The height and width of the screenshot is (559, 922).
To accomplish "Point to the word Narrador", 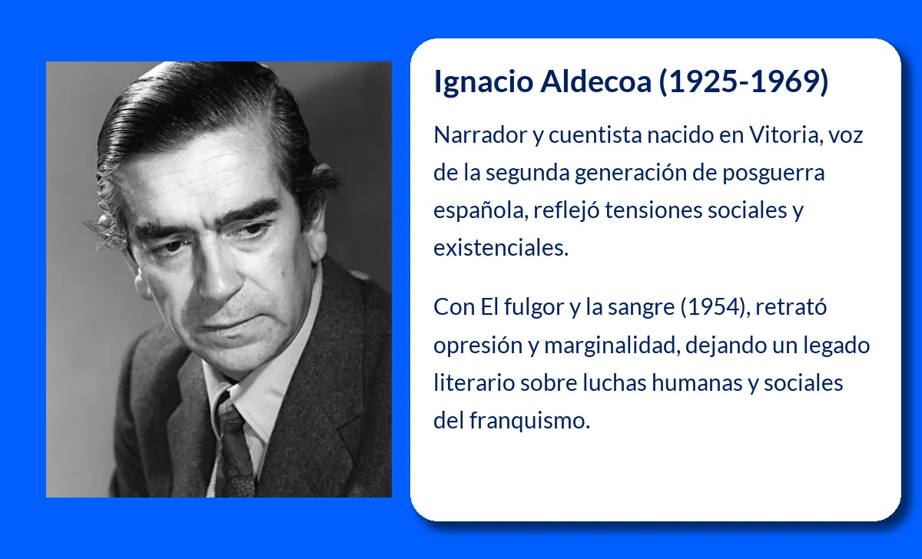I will point(480,135).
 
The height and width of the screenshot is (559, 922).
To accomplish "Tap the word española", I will point(479,211).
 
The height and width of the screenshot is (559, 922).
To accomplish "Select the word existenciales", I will point(501,249).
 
